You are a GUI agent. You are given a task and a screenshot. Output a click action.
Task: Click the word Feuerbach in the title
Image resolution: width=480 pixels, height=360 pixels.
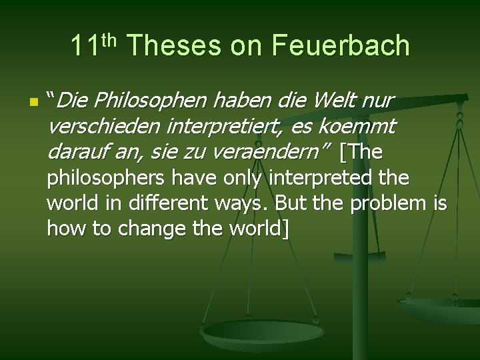pyautogui.click(x=340, y=46)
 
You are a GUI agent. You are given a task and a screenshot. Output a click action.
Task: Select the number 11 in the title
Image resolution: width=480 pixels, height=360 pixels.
pyautogui.click(x=85, y=46)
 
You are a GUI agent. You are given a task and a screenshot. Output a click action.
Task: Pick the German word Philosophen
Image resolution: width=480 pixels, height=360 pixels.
pyautogui.click(x=151, y=101)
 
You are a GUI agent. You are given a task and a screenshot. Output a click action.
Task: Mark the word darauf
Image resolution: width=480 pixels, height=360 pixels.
pyautogui.click(x=77, y=152)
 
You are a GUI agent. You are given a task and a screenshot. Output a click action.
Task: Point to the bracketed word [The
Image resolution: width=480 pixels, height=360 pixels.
pyautogui.click(x=361, y=152)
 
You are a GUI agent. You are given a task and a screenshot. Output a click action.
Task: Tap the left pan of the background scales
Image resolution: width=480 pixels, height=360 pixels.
pyautogui.click(x=263, y=332)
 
